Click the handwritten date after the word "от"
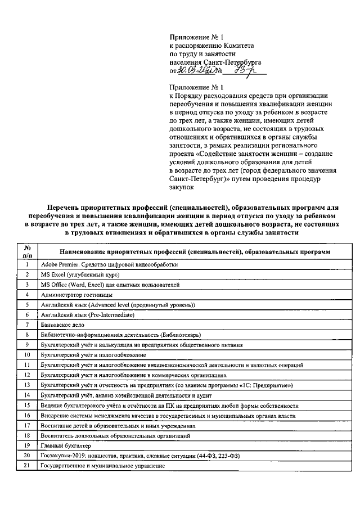tap(194, 71)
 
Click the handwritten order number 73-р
tap(244, 70)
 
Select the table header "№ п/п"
tap(26, 251)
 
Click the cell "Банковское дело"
tap(62, 325)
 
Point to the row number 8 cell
tap(26, 335)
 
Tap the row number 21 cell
tap(26, 466)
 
